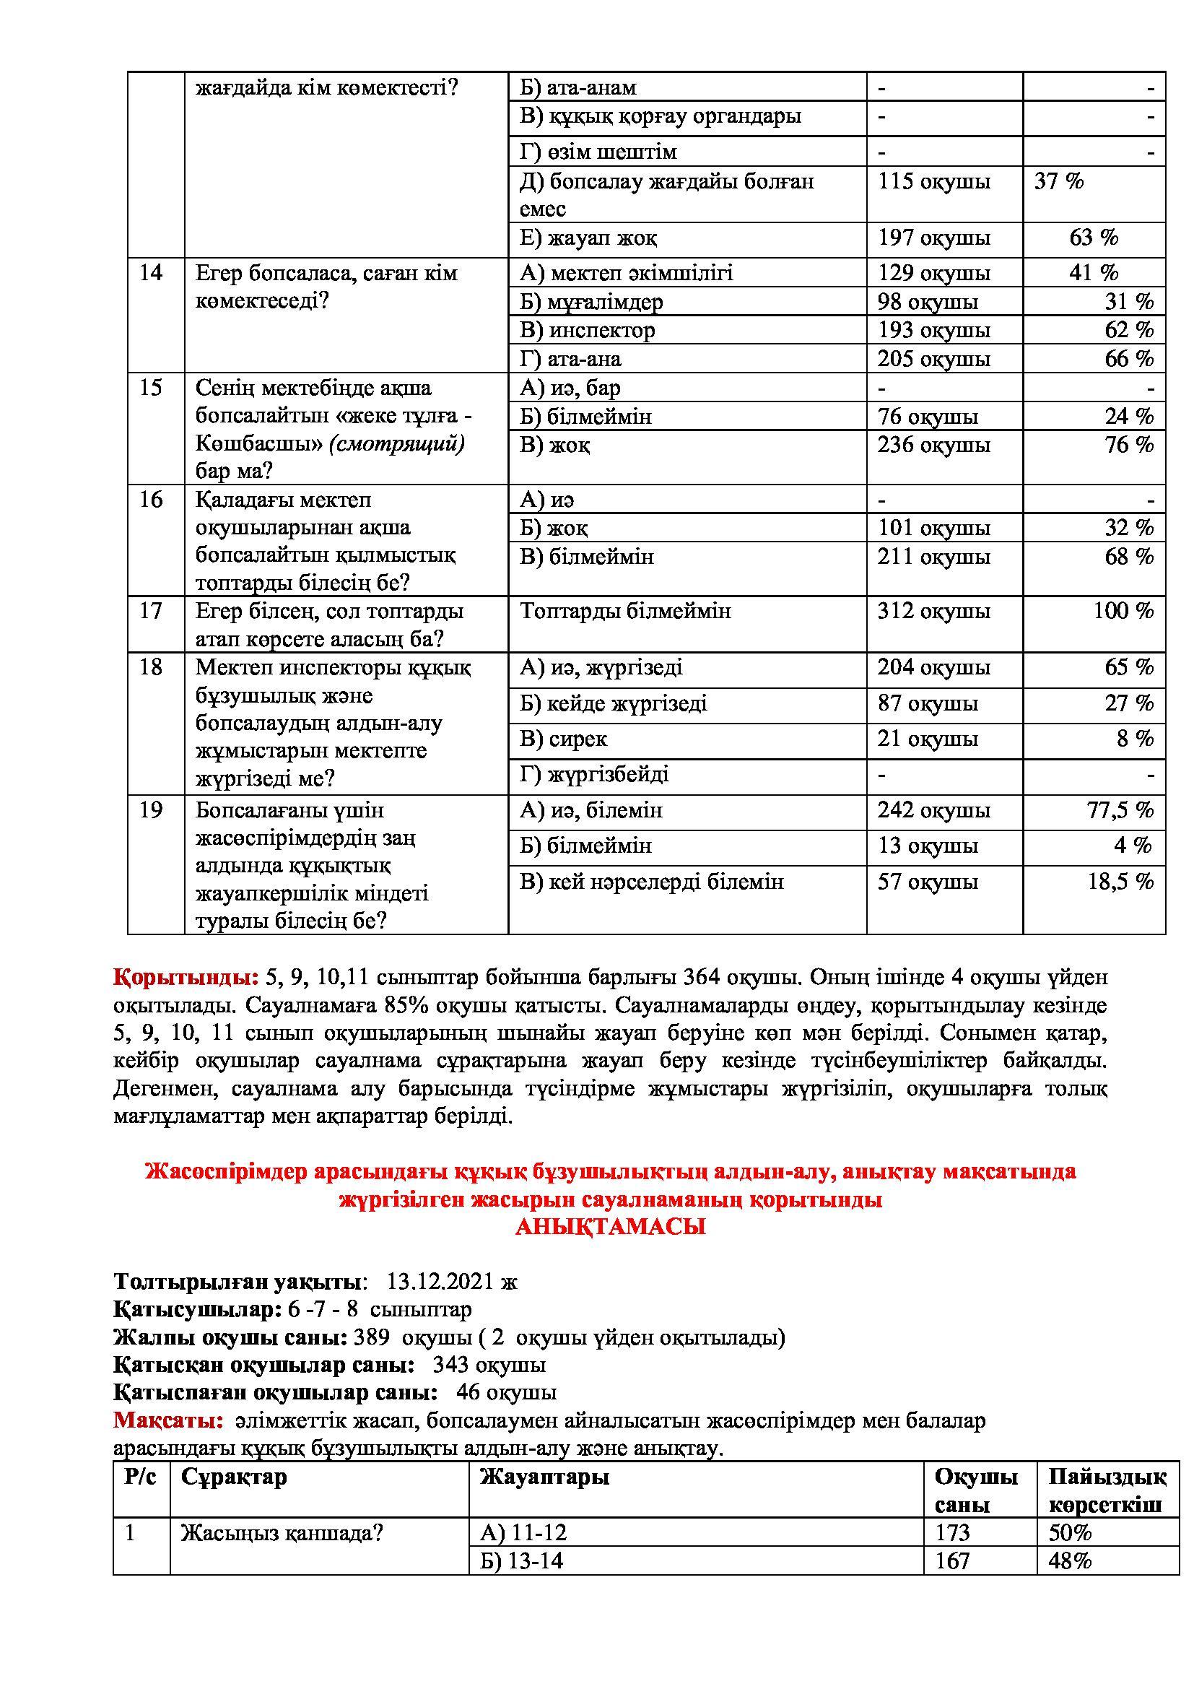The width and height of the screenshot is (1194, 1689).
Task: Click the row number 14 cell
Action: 150,273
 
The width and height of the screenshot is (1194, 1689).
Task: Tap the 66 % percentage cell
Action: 1128,359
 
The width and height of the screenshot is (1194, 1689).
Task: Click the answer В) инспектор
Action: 587,330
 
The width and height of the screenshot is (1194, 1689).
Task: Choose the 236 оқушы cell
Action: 933,445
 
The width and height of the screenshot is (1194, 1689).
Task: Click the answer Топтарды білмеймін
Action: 625,612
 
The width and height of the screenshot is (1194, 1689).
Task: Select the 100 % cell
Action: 1123,612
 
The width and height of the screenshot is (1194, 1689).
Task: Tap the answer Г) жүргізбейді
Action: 594,775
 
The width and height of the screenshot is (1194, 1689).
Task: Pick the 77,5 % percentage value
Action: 1120,811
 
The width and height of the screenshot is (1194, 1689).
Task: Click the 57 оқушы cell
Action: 927,882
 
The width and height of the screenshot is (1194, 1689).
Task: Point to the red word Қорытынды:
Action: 186,978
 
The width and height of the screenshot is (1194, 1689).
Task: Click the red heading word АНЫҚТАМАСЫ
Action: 610,1227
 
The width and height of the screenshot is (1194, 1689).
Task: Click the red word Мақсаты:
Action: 167,1420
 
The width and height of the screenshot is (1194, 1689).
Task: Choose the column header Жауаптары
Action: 544,1477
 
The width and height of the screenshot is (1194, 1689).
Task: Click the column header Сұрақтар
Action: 234,1477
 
